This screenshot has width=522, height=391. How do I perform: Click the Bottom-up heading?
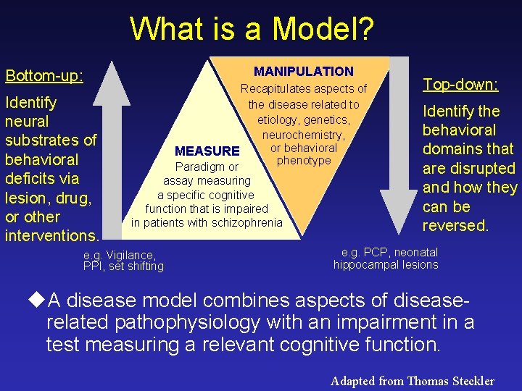(43, 75)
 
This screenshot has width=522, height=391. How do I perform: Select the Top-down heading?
(460, 84)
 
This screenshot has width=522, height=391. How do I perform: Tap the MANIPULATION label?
(303, 71)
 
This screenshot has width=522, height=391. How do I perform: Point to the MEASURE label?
(207, 151)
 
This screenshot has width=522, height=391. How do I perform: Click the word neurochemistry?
(303, 135)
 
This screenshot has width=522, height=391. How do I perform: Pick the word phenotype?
(304, 160)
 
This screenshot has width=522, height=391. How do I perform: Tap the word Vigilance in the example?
(130, 255)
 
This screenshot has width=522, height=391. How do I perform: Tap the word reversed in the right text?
(455, 225)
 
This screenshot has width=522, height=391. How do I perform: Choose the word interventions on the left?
(51, 235)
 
